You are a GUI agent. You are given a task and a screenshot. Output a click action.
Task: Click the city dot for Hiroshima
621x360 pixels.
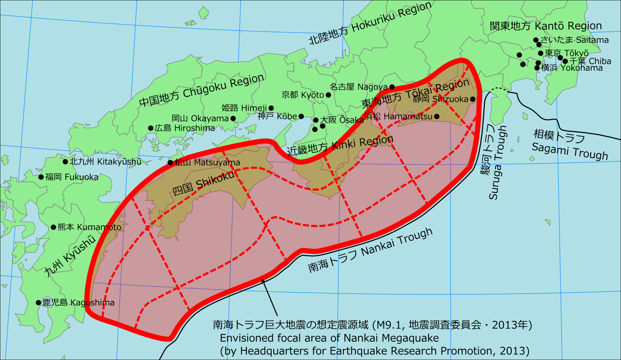[151, 128]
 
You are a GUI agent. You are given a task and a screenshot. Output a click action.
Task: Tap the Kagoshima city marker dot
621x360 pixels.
[39, 302]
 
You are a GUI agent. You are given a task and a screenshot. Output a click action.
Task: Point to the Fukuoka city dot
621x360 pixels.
[41, 177]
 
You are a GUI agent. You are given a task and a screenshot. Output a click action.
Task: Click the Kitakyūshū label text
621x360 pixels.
[105, 162]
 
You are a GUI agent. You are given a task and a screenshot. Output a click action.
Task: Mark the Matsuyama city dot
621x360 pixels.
[170, 163]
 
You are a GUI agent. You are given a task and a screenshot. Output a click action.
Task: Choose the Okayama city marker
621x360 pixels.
[233, 119]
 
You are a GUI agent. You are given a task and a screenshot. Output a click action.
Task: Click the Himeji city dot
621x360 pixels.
[271, 108]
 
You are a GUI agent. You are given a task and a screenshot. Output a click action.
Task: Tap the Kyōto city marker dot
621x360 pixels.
[328, 95]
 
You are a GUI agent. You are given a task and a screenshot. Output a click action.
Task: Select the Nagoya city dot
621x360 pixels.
[392, 87]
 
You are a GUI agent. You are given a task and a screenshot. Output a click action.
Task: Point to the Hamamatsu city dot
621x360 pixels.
[436, 116]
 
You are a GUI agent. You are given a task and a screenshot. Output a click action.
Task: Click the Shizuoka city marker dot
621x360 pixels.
[472, 99]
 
